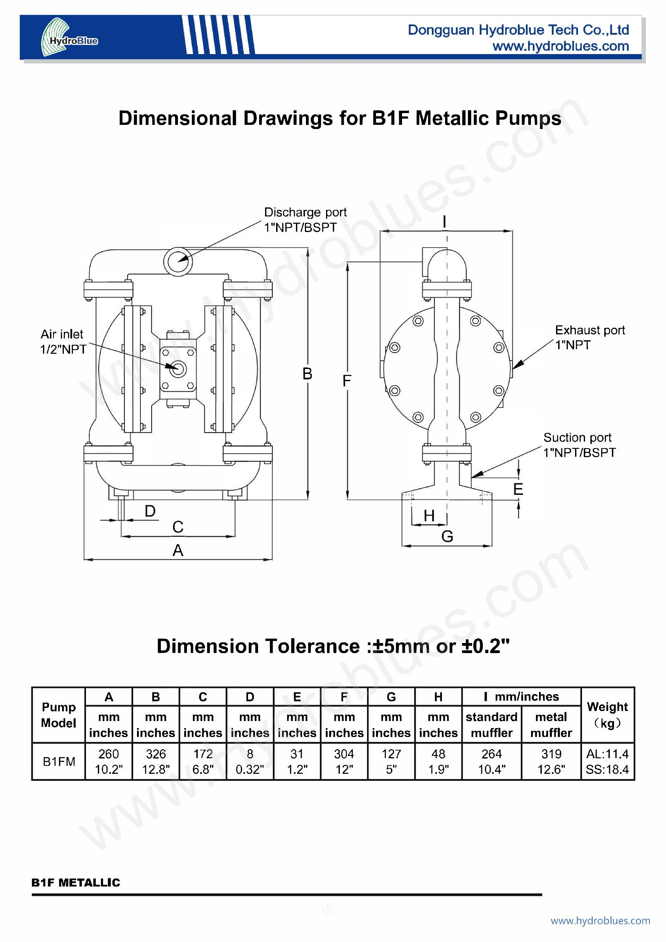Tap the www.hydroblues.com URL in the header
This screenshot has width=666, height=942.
(561, 46)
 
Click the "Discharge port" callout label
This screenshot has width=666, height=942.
(305, 212)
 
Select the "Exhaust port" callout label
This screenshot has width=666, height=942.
(590, 330)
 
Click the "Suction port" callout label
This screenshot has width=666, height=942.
(577, 437)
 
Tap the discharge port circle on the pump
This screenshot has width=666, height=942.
(178, 262)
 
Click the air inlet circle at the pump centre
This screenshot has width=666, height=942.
(178, 368)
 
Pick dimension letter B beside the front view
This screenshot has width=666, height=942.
(307, 374)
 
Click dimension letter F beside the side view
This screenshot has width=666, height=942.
(347, 381)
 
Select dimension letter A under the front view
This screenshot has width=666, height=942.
(178, 550)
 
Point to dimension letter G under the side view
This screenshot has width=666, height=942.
(447, 536)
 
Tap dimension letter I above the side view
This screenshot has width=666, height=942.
(444, 222)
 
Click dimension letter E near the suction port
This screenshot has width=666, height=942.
(518, 489)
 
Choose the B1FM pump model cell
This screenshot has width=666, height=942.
(59, 762)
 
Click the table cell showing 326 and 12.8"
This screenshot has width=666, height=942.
(156, 762)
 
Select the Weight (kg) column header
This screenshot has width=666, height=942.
(607, 715)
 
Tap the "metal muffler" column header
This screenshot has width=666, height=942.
(551, 725)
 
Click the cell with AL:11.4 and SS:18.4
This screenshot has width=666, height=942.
(607, 762)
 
